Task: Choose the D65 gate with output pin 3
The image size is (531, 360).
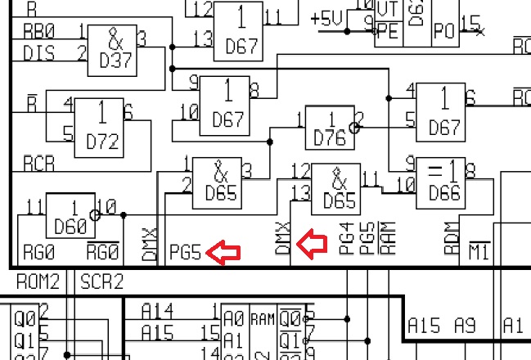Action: [217, 182]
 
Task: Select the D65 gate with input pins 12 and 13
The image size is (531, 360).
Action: [335, 187]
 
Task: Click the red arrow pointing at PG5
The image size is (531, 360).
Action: [223, 253]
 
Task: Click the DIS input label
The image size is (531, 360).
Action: [38, 53]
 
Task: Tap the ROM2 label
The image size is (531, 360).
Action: [38, 282]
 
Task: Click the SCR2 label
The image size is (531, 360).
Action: [101, 282]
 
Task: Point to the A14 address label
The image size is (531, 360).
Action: [157, 311]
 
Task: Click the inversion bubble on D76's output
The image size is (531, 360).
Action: [354, 128]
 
